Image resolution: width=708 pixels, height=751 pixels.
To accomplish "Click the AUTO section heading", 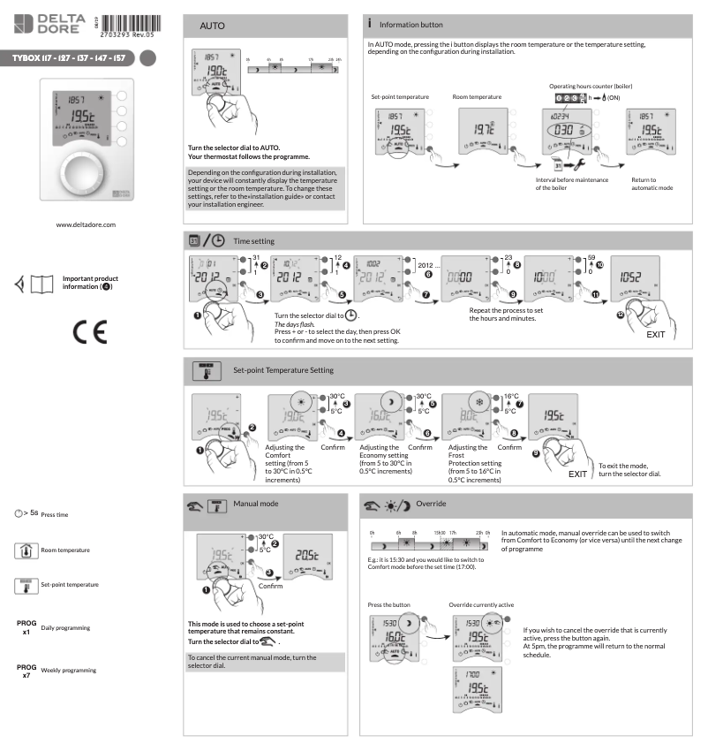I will click(215, 27).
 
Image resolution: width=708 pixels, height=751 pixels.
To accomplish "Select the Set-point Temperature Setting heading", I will click(283, 369).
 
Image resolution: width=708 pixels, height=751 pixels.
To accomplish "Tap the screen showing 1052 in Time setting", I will click(634, 277).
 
